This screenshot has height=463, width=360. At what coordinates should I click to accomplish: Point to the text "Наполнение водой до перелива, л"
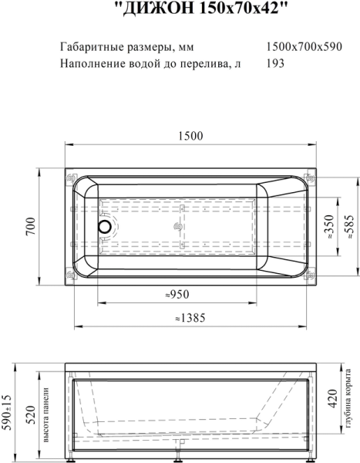click(150, 64)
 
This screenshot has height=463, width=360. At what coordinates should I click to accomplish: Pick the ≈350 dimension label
click(328, 228)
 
